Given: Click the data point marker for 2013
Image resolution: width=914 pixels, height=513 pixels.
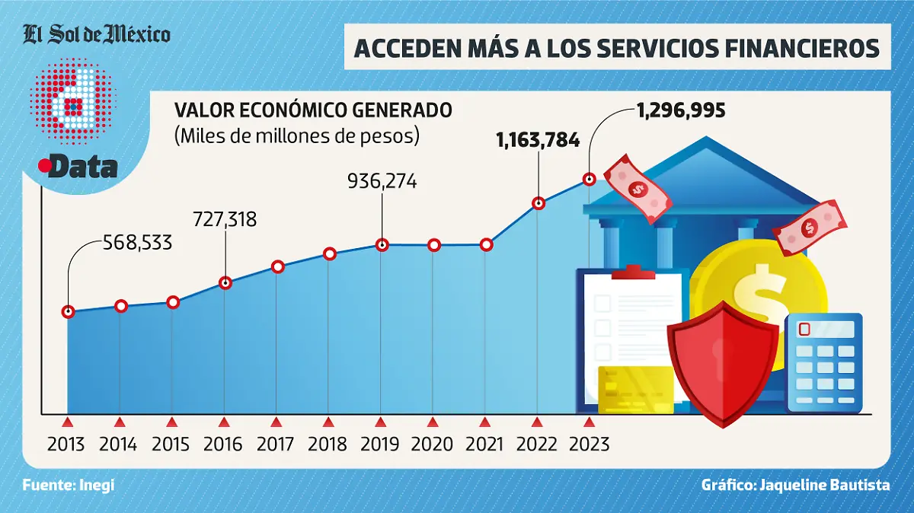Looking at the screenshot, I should click(x=69, y=311).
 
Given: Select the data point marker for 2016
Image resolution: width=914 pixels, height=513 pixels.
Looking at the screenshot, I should click(x=225, y=282).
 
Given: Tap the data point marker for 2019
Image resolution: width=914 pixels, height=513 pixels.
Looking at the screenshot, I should click(x=382, y=245).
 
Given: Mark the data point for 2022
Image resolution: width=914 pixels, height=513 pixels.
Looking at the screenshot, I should click(x=538, y=203).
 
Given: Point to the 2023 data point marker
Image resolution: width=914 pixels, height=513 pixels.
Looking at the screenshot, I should click(x=589, y=179).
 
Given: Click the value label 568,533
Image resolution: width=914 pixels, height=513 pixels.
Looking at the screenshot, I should click(x=137, y=244).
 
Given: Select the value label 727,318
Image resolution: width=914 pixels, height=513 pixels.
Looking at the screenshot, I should click(x=226, y=220).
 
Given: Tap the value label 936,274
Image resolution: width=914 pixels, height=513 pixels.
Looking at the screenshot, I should click(x=382, y=182).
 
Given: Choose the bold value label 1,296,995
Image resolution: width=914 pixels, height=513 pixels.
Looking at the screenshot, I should click(x=680, y=111).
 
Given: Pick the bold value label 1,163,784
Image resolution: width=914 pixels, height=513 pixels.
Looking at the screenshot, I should click(x=538, y=140).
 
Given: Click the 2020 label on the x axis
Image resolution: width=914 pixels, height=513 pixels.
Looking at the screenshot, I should click(x=433, y=444).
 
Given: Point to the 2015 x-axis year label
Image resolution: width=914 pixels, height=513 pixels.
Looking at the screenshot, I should click(x=171, y=444).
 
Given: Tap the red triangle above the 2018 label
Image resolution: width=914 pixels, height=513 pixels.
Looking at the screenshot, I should click(x=328, y=422).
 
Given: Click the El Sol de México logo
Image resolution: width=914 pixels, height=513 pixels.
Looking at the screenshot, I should click(x=96, y=34).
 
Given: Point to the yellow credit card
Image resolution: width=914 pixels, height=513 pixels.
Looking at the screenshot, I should click(x=635, y=390).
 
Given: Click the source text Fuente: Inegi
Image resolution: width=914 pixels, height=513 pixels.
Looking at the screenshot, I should click(x=69, y=485).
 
